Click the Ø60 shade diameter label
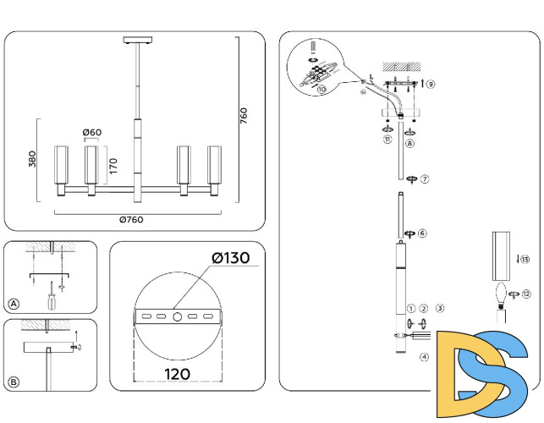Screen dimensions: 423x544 pyautogui.click(x=92, y=132)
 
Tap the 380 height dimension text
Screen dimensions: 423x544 pyautogui.click(x=33, y=160)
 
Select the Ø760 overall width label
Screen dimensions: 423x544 pyautogui.click(x=130, y=220)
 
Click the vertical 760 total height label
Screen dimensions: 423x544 pyautogui.click(x=245, y=115)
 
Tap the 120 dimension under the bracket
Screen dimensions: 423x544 pyautogui.click(x=176, y=372)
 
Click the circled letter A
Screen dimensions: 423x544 pyautogui.click(x=14, y=304)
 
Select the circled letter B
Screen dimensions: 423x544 pyautogui.click(x=14, y=382)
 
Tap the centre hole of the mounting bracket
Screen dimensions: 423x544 pyautogui.click(x=176, y=316)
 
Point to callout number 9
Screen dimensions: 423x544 pyautogui.click(x=431, y=85)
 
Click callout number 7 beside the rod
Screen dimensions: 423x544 pyautogui.click(x=425, y=179)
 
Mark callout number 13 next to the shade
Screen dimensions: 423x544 pyautogui.click(x=525, y=259)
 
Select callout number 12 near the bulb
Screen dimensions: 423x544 pyautogui.click(x=526, y=294)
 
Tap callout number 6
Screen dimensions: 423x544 pyautogui.click(x=422, y=233)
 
